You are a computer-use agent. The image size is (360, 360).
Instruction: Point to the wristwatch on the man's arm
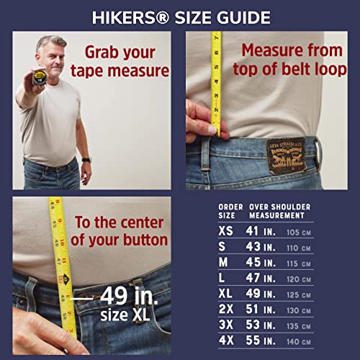[x=86, y=159]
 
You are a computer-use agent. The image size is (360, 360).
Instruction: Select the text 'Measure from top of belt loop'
[x=292, y=60]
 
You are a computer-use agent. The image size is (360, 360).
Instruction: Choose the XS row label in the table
[x=227, y=232]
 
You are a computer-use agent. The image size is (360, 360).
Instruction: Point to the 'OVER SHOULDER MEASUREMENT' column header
[x=281, y=210]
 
